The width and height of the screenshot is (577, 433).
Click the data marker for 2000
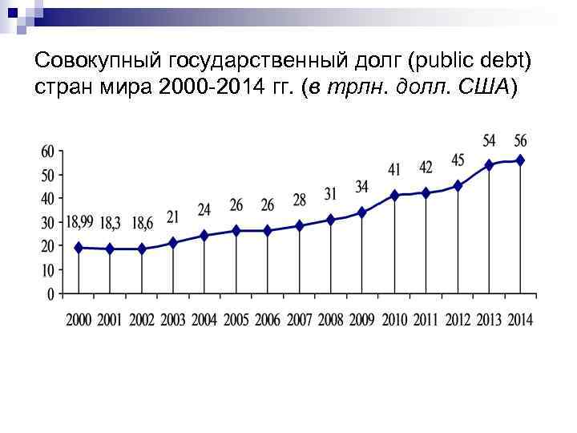pyautogui.click(x=79, y=248)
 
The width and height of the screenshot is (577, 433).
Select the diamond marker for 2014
pyautogui.click(x=521, y=160)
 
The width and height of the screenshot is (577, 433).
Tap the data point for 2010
pyautogui.click(x=394, y=195)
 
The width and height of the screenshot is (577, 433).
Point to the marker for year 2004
pyautogui.click(x=204, y=236)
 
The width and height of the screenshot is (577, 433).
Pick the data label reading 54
pyautogui.click(x=489, y=140)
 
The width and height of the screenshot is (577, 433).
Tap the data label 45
pyautogui.click(x=458, y=160)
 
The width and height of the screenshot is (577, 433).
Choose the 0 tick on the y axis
pyautogui.click(x=50, y=294)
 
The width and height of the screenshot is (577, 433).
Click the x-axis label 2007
pyautogui.click(x=299, y=320)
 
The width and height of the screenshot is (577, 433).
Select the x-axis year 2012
pyautogui.click(x=458, y=320)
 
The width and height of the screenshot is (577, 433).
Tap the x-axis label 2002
pyautogui.click(x=142, y=320)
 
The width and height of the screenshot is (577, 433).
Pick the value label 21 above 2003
pyautogui.click(x=172, y=216)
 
